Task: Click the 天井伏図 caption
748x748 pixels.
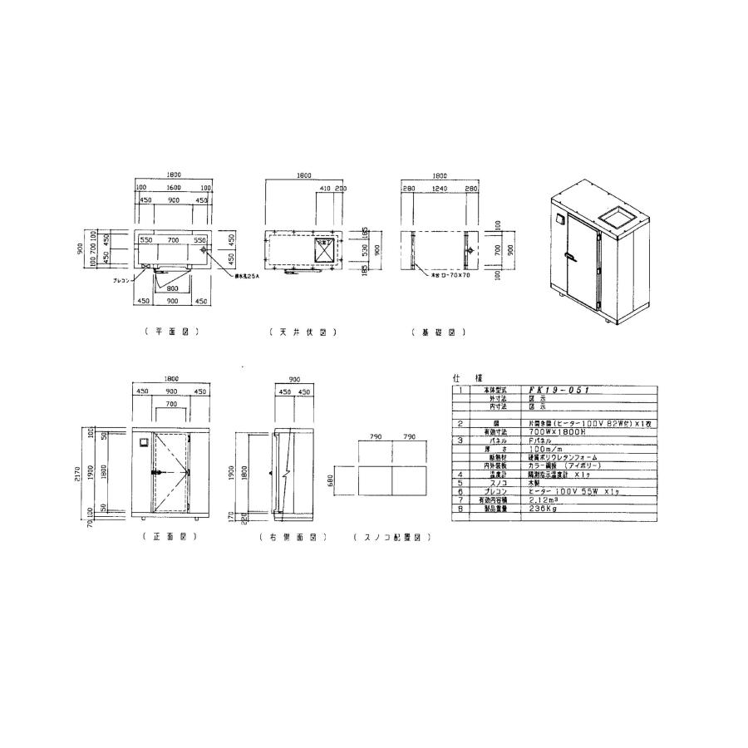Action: [x=302, y=332]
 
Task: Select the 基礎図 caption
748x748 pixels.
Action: [x=438, y=332]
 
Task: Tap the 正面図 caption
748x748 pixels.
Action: [x=170, y=538]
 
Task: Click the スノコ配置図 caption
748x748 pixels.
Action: [x=391, y=538]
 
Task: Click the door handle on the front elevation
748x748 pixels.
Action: [x=155, y=471]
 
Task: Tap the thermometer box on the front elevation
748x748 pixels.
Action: [x=143, y=440]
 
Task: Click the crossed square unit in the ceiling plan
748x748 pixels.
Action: [x=323, y=249]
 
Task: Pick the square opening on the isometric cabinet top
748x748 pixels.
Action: [x=617, y=218]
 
